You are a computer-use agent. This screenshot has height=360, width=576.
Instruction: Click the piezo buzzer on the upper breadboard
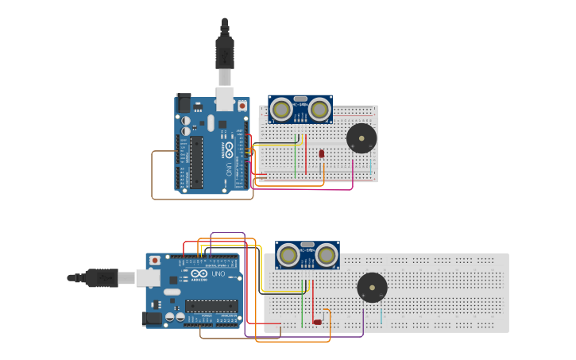[361, 138]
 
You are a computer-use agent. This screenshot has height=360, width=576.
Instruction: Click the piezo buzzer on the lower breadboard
[372, 288]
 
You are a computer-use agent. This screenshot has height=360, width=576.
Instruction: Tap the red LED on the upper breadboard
[322, 153]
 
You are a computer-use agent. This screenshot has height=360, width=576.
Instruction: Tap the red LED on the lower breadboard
[318, 322]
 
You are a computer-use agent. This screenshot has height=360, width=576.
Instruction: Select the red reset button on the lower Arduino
[155, 260]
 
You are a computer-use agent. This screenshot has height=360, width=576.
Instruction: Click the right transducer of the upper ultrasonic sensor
[320, 109]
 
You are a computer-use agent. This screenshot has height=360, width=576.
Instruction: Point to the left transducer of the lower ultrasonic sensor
[288, 255]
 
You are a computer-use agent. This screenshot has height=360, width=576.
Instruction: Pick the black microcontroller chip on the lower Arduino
[211, 305]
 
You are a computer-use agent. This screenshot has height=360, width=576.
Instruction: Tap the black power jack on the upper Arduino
[184, 103]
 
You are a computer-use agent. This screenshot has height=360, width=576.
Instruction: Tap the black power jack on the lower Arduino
[152, 319]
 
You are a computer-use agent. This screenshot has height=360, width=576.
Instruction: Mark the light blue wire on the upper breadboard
[370, 167]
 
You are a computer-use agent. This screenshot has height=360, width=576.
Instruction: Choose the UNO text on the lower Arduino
[218, 274]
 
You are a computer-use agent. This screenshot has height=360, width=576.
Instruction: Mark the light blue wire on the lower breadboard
[382, 316]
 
